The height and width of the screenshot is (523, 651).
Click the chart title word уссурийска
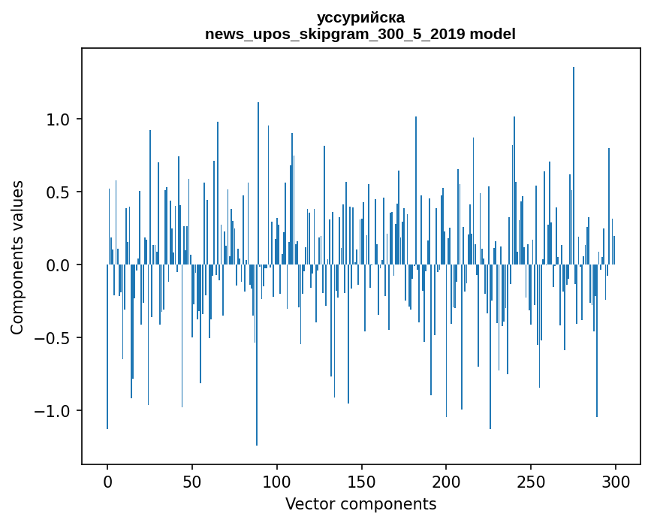pyautogui.click(x=360, y=17)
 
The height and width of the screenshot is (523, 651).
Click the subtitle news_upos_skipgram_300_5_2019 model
pyautogui.click(x=360, y=34)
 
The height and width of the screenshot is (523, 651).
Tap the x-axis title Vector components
pyautogui.click(x=360, y=503)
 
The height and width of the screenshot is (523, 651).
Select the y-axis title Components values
pyautogui.click(x=17, y=257)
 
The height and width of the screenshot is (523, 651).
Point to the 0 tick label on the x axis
pyautogui.click(x=107, y=482)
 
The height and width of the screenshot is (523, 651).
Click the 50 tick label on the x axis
pyautogui.click(x=192, y=482)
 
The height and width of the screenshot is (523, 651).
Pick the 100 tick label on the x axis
pyautogui.click(x=277, y=482)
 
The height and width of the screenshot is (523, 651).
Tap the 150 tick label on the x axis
pyautogui.click(x=361, y=482)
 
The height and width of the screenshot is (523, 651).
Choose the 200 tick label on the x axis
pyautogui.click(x=446, y=482)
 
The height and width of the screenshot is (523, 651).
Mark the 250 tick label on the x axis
pyautogui.click(x=531, y=482)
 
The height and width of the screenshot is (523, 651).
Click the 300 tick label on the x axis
pyautogui.click(x=616, y=482)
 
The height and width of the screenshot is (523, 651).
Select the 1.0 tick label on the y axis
pyautogui.click(x=59, y=119)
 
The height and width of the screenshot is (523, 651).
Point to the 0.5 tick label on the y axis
pyautogui.click(x=59, y=192)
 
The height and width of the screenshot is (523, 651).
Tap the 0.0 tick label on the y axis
pyautogui.click(x=59, y=265)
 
